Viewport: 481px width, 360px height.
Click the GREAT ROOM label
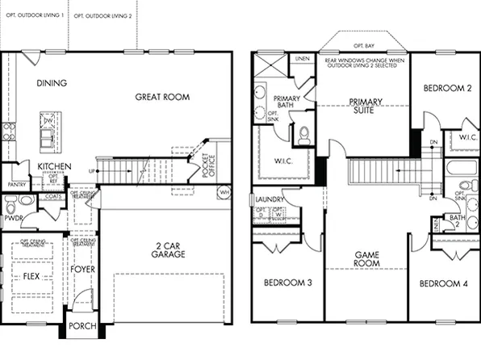(x=163, y=97)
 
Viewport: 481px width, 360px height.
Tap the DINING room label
(x=51, y=82)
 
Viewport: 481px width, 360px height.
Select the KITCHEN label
(x=54, y=166)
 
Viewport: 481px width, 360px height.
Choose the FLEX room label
(x=31, y=276)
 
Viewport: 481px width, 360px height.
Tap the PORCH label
(x=82, y=327)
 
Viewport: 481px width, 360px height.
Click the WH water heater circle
(x=224, y=193)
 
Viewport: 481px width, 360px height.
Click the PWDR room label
(x=12, y=218)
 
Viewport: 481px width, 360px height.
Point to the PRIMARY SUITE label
(x=364, y=106)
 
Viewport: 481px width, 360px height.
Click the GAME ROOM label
(x=367, y=259)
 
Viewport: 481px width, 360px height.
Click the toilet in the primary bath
(x=304, y=135)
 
